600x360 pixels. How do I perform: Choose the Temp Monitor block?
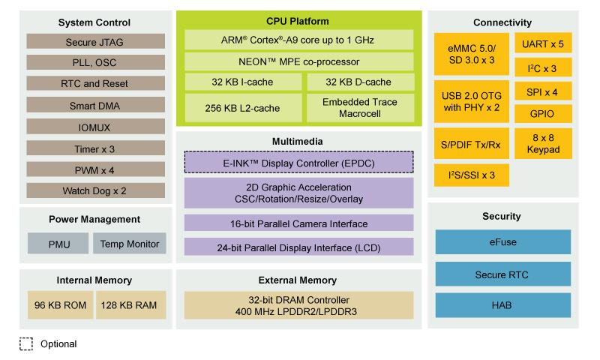(129, 244)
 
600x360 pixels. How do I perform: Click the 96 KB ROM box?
(59, 304)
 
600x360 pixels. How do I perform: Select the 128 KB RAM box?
(130, 304)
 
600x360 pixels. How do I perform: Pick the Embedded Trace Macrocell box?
(359, 106)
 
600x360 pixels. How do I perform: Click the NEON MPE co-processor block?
(298, 61)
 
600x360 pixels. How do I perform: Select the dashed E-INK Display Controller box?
(298, 162)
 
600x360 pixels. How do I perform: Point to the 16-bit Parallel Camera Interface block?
(298, 223)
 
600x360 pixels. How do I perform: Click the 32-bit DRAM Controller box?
(298, 304)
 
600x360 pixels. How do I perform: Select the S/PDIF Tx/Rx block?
(471, 144)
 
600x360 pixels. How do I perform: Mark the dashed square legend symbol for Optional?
(26, 344)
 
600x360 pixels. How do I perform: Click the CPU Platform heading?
(298, 21)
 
